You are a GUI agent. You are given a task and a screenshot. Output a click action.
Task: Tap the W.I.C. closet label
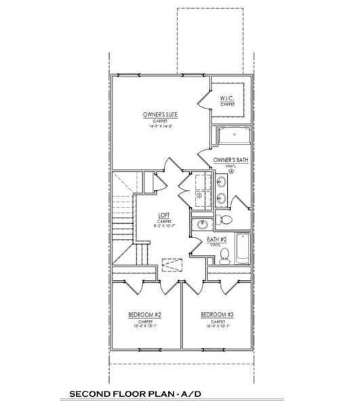coord(226,99)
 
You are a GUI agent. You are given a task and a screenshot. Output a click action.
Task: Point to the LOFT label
coord(163,215)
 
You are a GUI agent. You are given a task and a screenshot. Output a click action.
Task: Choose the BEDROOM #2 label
coord(144,315)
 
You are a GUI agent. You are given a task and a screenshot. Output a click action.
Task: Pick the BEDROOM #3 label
coord(217,315)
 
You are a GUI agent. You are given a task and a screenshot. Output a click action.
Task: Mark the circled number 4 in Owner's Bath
coord(232,172)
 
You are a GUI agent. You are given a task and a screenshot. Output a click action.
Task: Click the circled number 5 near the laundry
coord(199,196)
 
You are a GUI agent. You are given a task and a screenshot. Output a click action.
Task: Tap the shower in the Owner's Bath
coord(235,135)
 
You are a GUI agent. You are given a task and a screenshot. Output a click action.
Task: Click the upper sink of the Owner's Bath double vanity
coord(222,182)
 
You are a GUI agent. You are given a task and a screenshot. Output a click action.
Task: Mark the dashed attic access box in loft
coord(174,265)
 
